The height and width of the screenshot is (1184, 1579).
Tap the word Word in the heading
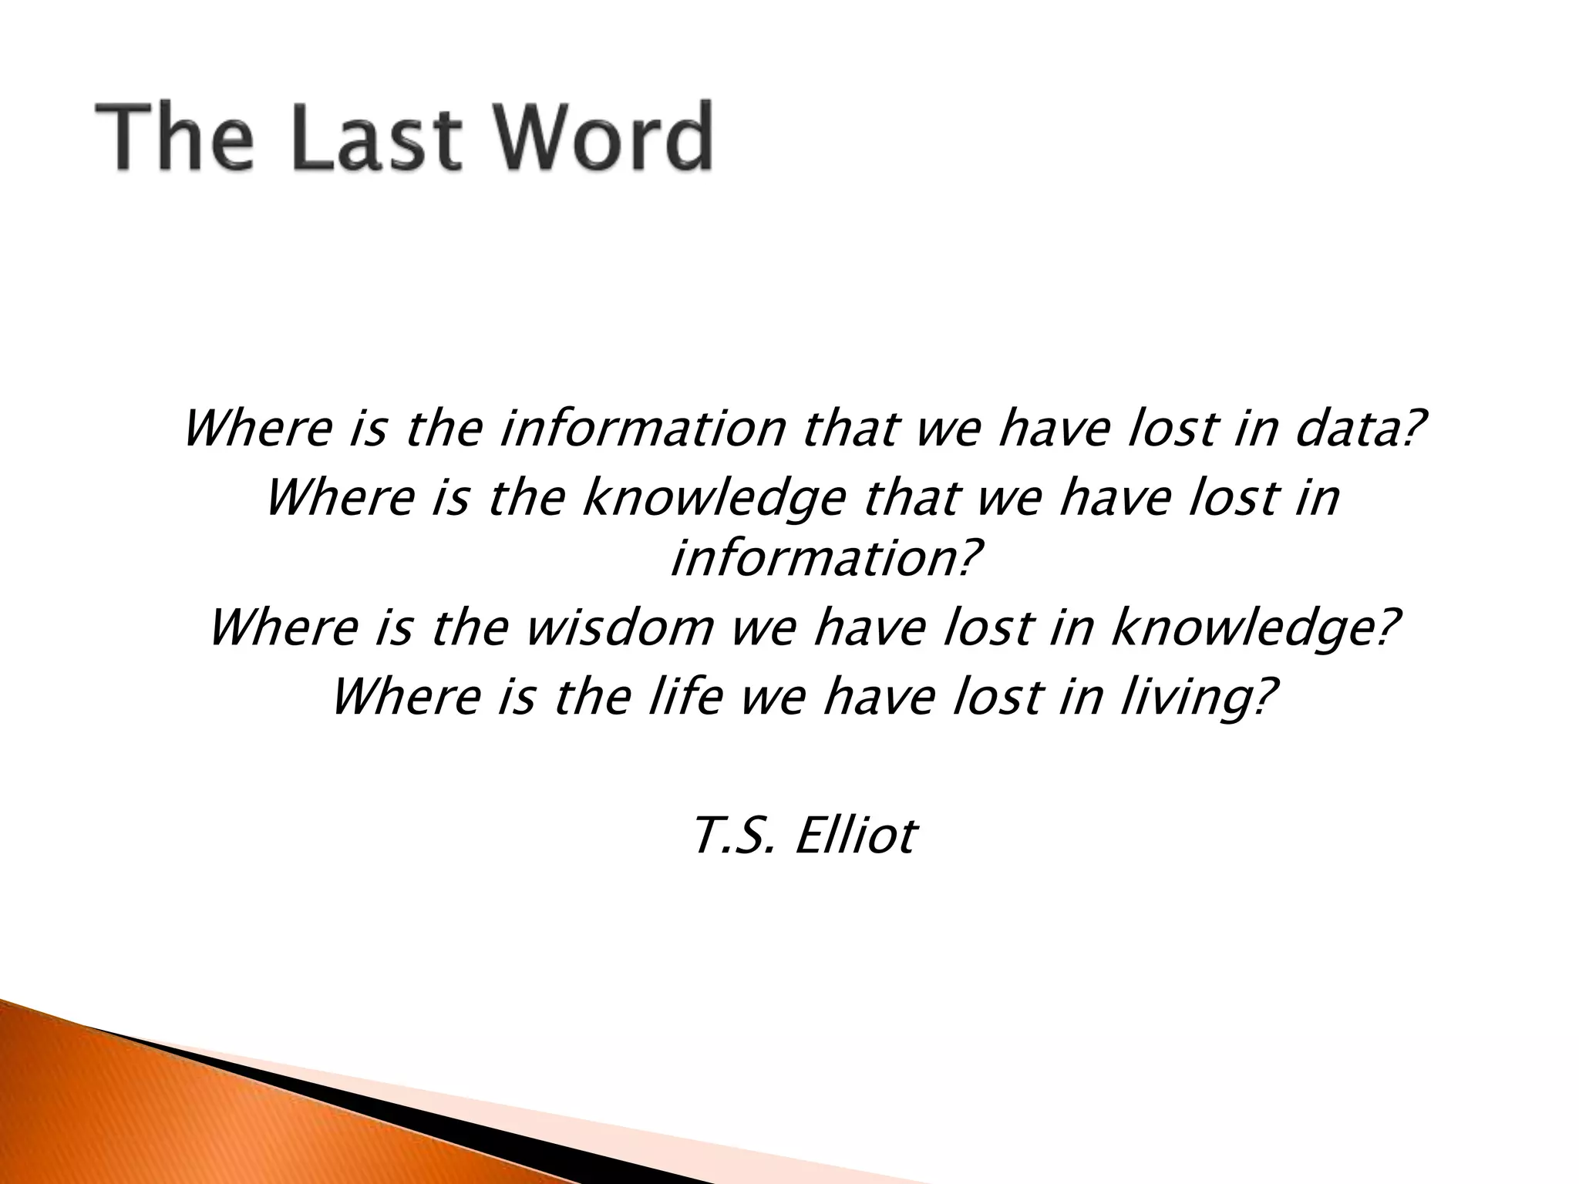(598, 137)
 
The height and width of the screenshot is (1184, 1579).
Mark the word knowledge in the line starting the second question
(713, 499)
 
